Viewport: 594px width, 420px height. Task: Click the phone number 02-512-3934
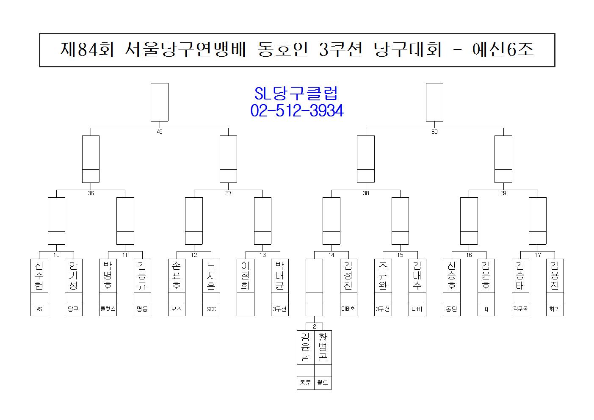[297, 111]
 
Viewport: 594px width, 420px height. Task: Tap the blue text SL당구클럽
[297, 94]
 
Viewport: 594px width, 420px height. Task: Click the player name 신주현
[39, 275]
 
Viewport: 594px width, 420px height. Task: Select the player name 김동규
[142, 275]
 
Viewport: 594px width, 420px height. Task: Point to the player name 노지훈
[211, 275]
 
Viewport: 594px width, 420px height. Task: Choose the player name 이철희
[245, 275]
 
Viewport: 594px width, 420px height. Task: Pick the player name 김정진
[348, 275]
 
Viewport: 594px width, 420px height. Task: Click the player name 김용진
[555, 275]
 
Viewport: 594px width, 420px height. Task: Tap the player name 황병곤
[323, 347]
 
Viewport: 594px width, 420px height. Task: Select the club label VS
[39, 309]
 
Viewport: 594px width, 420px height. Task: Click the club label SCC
[211, 309]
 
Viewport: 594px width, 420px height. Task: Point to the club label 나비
[417, 309]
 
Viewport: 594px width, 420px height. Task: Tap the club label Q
[486, 309]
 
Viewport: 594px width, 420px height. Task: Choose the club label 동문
[305, 383]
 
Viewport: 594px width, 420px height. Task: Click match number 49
[160, 132]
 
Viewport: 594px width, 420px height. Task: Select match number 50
[434, 132]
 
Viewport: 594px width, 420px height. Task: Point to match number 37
[228, 193]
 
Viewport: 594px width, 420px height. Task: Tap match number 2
[314, 326]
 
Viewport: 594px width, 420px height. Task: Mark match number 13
[262, 255]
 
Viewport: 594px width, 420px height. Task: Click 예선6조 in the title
[503, 50]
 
